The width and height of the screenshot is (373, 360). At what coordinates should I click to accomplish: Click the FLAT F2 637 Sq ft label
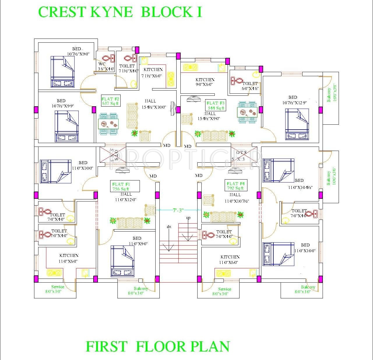[x=110, y=100]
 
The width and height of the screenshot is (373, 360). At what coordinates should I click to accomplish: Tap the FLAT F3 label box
[x=216, y=105]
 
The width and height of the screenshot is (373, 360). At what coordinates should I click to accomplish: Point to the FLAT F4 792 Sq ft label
[x=235, y=186]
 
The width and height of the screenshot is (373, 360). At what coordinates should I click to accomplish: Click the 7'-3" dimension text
[x=178, y=210]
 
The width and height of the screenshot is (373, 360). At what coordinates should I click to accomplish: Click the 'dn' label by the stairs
[x=169, y=227]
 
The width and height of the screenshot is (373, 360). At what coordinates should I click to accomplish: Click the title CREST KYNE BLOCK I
[x=120, y=12]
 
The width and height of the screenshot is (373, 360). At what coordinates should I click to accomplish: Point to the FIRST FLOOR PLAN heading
[x=158, y=347]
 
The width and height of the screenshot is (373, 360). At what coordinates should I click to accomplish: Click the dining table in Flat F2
[x=108, y=124]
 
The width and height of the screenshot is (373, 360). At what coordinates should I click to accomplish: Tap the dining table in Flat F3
[x=247, y=112]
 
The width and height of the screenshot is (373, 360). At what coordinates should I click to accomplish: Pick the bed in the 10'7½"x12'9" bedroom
[x=297, y=124]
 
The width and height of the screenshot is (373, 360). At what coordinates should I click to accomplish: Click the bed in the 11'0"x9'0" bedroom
[x=122, y=261]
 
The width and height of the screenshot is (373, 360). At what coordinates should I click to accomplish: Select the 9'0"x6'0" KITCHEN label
[x=205, y=82]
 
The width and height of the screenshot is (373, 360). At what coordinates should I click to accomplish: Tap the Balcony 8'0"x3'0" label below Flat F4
[x=308, y=289]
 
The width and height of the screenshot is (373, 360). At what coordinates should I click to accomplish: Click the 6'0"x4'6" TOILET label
[x=250, y=86]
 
